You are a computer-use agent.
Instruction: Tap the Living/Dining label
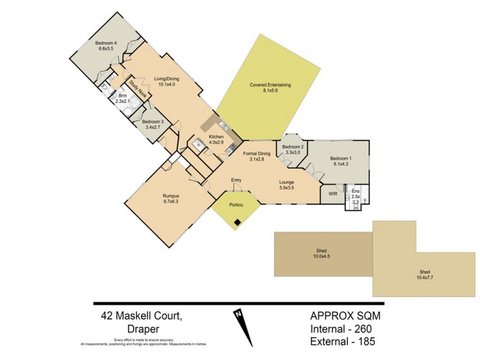[x=166, y=82]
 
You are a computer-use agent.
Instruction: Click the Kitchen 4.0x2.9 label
[x=216, y=140]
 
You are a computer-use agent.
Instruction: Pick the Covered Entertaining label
[x=270, y=88]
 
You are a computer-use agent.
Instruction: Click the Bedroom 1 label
[x=341, y=161]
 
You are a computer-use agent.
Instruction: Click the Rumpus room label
[x=171, y=199]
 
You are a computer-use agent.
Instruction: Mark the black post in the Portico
[x=238, y=223]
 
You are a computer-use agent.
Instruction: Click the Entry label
[x=236, y=179]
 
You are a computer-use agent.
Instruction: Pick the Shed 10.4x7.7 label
[x=424, y=274]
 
